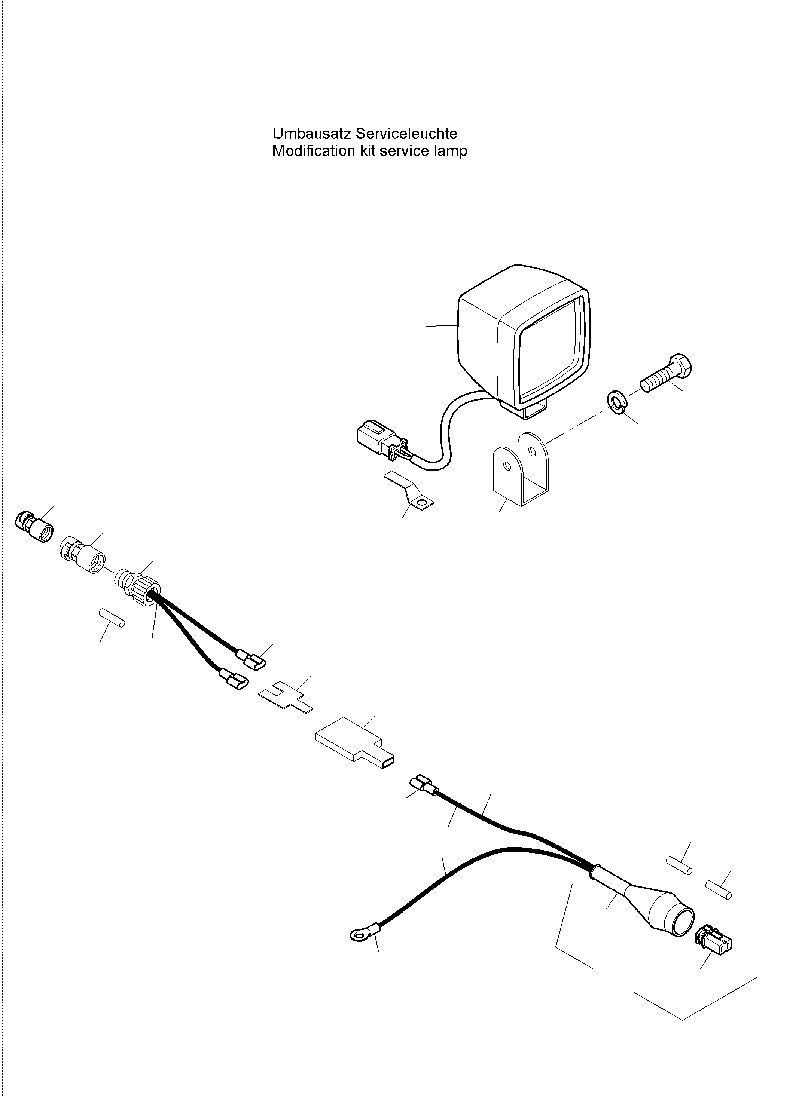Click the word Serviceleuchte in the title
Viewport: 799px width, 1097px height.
click(x=406, y=133)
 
